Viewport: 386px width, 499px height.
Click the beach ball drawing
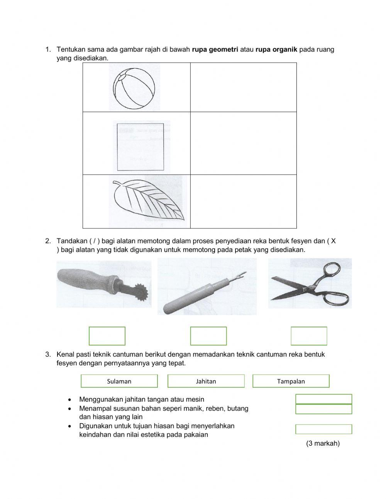click(x=134, y=88)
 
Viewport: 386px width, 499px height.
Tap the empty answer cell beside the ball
click(x=243, y=87)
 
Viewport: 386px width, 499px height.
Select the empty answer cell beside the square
click(x=243, y=143)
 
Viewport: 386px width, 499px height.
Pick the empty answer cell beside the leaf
click(x=243, y=201)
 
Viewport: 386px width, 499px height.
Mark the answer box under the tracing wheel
click(x=107, y=336)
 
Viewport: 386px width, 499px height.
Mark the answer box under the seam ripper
click(x=208, y=336)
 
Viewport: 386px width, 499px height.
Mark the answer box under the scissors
click(x=309, y=336)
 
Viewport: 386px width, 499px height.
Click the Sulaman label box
click(x=119, y=381)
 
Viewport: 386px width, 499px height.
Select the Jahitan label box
click(x=206, y=381)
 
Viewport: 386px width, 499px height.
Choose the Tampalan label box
click(x=291, y=381)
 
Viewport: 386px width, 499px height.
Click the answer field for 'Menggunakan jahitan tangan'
click(x=323, y=399)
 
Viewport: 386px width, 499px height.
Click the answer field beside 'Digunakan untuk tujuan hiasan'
click(x=323, y=429)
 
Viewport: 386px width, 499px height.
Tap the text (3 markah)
click(x=323, y=443)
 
